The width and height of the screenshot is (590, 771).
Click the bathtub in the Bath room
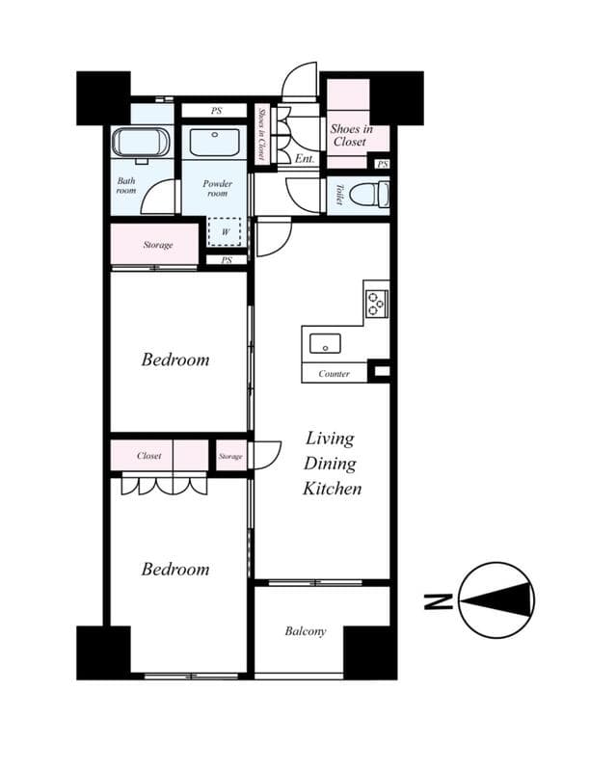coord(142,144)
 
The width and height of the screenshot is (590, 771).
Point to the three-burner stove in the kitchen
coord(376,303)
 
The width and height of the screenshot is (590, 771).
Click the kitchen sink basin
coord(326,342)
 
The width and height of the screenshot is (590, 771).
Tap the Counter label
coord(334,374)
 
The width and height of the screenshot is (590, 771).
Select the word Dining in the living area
coord(331,464)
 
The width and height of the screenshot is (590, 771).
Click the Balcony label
coord(305,632)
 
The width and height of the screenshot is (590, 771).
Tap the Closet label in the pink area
coord(148,456)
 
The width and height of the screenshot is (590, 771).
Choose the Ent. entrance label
coord(305,158)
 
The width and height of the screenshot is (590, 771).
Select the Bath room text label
coord(126,185)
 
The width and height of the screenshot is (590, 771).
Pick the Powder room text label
coord(217,187)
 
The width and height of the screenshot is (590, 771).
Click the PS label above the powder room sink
coord(216,111)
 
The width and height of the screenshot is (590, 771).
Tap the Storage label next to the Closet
coord(229,456)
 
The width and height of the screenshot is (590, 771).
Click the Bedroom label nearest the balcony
coord(174,570)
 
